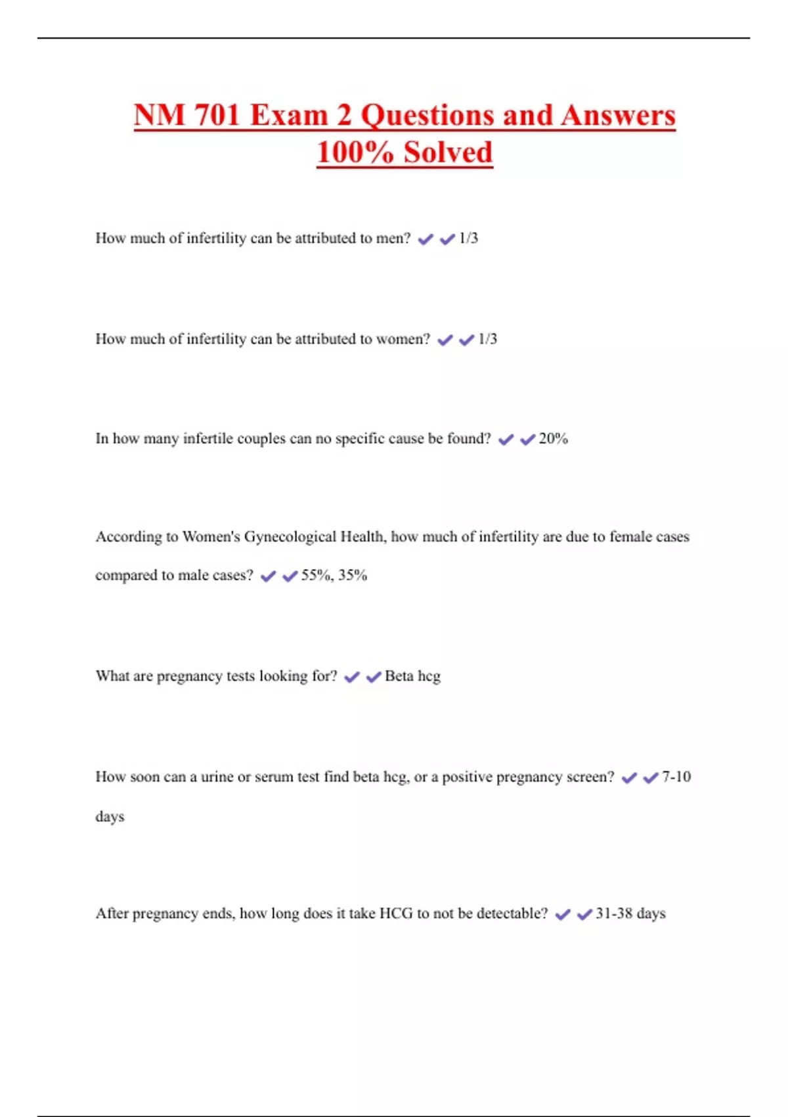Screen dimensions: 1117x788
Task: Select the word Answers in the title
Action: (618, 116)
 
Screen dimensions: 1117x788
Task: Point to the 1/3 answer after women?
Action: (487, 339)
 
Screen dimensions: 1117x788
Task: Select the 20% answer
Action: (553, 439)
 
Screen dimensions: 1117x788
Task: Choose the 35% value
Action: (353, 576)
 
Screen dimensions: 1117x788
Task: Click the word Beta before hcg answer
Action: (399, 676)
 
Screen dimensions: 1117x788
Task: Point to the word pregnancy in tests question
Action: (189, 677)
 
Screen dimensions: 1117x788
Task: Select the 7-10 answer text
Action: (676, 777)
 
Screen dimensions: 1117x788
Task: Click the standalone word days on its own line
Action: (110, 817)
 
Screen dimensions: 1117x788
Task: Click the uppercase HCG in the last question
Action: (396, 913)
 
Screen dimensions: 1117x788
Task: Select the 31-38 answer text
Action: (613, 913)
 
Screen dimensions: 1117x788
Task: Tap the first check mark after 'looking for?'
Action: (352, 677)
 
